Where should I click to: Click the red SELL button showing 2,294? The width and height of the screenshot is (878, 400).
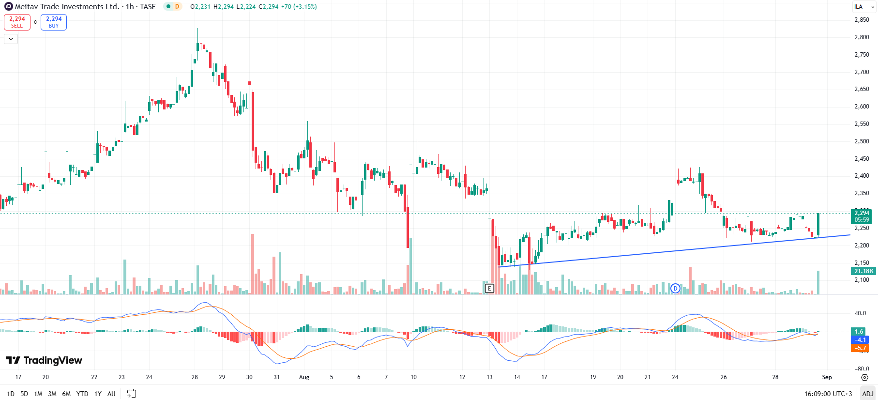click(x=17, y=22)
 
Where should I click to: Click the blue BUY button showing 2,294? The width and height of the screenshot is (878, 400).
click(x=54, y=22)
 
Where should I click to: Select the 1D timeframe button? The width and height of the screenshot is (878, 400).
click(x=11, y=394)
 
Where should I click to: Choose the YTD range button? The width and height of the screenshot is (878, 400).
click(x=82, y=394)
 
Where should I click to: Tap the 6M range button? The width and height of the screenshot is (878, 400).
click(x=66, y=394)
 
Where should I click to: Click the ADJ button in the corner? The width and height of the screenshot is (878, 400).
click(x=868, y=394)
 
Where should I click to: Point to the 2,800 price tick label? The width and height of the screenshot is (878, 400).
click(x=862, y=37)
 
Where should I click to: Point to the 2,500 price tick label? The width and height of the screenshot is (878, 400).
click(x=862, y=141)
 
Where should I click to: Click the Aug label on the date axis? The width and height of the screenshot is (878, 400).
click(x=304, y=377)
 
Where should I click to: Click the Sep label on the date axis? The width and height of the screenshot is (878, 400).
click(x=827, y=377)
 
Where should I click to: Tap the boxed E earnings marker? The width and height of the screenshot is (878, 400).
click(x=489, y=289)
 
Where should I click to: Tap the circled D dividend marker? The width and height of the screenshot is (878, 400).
click(x=675, y=289)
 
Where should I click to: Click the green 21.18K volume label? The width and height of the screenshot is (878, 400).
click(x=863, y=271)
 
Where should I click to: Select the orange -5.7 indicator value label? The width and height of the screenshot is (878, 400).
click(x=860, y=348)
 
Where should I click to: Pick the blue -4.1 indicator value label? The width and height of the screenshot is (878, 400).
click(x=860, y=340)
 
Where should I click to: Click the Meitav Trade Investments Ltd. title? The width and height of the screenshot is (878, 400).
click(x=67, y=7)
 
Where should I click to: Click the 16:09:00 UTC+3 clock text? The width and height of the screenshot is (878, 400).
click(x=828, y=394)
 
